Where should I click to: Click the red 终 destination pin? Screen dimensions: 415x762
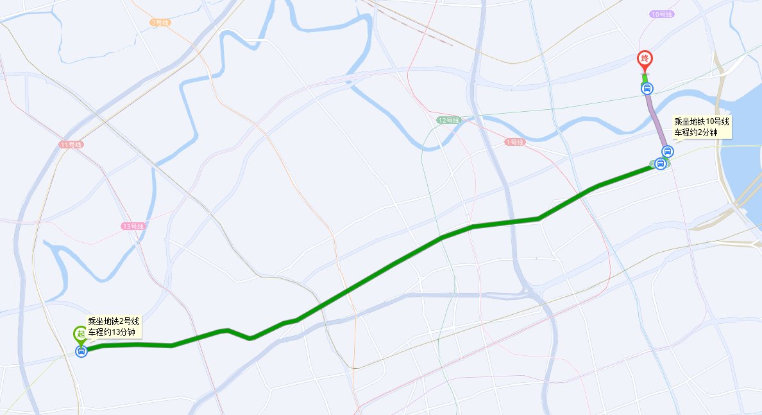pos(645,59)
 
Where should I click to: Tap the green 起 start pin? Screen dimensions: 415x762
pos(80,333)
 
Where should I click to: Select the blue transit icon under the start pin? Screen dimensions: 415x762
pos(81,351)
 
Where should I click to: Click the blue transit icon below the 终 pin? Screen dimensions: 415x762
pos(647,88)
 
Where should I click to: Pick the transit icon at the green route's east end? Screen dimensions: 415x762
pos(661,164)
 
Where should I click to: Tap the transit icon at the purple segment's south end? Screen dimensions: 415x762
pos(668,152)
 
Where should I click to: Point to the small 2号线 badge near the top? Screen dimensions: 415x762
pos(159,22)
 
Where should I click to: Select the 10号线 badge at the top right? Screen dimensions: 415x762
pos(661,14)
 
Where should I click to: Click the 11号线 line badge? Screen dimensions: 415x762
pos(71,145)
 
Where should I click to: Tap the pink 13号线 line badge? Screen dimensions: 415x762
pos(133,226)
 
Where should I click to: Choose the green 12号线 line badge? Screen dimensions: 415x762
pos(448,120)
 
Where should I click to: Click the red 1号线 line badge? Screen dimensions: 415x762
pos(514,141)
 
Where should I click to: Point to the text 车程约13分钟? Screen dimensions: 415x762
pos(112,332)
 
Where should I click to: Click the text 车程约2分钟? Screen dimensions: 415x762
pos(693,132)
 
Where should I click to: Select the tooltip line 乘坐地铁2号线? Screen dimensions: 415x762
pos(114,321)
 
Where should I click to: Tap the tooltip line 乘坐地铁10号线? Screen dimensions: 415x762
pos(701,121)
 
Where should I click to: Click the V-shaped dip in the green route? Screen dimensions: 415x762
pos(250,337)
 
